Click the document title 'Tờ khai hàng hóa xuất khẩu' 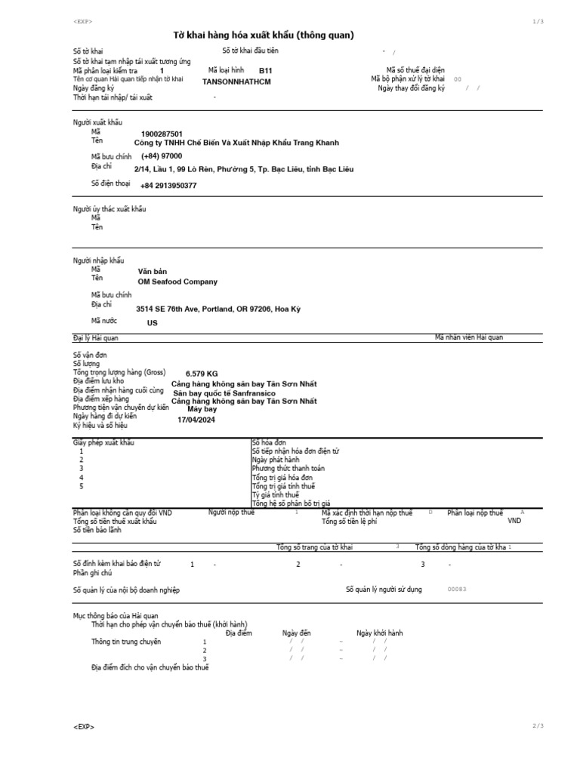point(264,35)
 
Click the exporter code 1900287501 point(156,134)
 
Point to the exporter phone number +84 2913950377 point(168,185)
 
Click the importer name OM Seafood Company point(177,282)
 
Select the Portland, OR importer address point(218,309)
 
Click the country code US point(152,322)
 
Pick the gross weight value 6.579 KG point(202,374)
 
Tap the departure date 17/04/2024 point(196,420)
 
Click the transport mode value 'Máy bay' point(202,409)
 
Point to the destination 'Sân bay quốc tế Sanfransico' point(224,393)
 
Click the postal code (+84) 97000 point(162,156)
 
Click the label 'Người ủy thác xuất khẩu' point(110,208)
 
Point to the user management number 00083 point(458,590)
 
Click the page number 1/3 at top point(538,22)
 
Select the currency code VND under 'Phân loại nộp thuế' point(514,521)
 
